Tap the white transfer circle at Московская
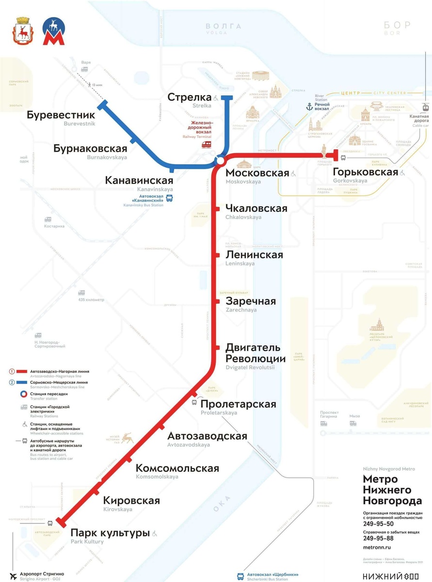point(220,161)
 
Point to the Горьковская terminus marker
point(335,155)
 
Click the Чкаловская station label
point(256,209)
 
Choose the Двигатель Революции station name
point(256,353)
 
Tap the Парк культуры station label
point(110,533)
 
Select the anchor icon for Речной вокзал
point(309,106)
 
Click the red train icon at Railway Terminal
point(207,144)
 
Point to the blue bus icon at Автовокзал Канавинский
point(169,198)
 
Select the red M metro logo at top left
point(51,32)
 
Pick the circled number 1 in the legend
point(11,372)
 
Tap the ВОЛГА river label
point(223,26)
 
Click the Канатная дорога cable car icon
point(425,107)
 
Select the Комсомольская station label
point(177,469)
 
